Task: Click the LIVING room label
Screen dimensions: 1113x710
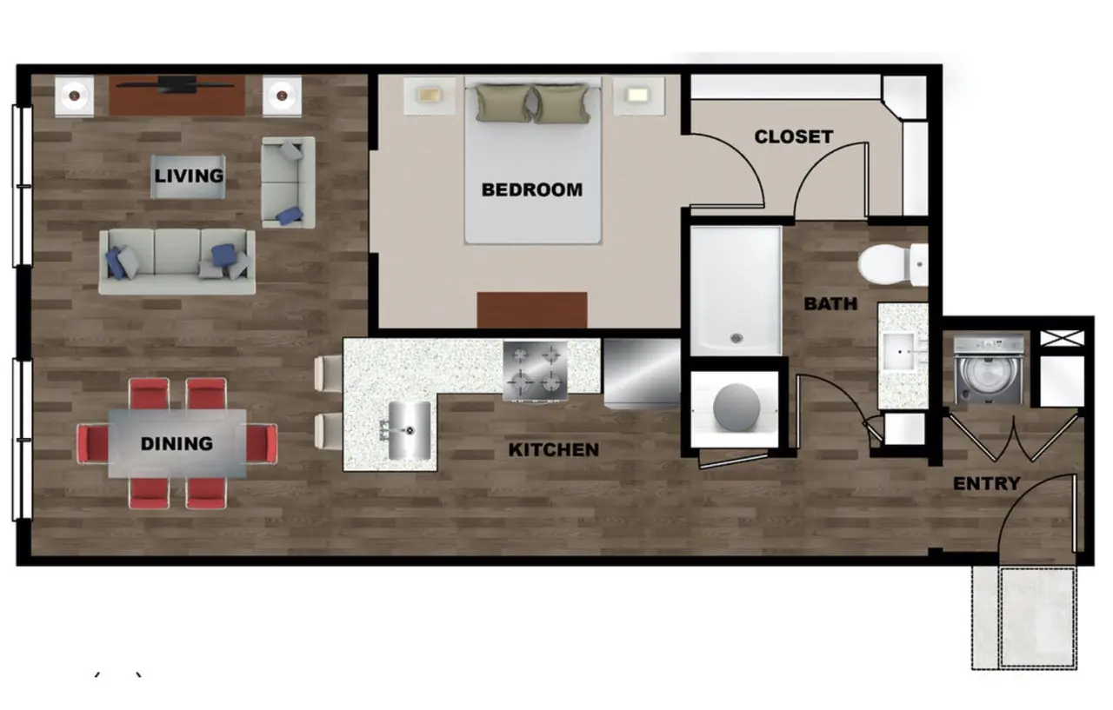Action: tap(189, 176)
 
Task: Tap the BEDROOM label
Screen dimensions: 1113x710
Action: tap(531, 189)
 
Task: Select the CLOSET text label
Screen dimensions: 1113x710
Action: tap(794, 136)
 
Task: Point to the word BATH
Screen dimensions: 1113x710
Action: tap(830, 303)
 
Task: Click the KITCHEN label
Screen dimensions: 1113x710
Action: tap(554, 450)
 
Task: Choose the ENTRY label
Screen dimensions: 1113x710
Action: tap(987, 483)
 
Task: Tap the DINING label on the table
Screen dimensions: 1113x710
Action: tap(177, 443)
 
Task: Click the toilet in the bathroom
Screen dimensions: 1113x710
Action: tap(892, 265)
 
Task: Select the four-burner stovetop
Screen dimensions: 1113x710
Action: tap(535, 370)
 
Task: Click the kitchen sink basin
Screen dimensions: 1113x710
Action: tap(410, 430)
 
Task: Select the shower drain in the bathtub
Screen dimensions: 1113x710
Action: tap(736, 339)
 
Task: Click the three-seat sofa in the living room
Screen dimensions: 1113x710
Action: tap(177, 262)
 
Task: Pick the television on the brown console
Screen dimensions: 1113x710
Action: tap(176, 85)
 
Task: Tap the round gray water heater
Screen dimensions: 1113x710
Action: tap(736, 407)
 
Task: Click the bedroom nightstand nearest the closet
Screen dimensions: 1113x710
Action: tap(638, 96)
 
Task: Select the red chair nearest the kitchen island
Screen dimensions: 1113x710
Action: tap(263, 443)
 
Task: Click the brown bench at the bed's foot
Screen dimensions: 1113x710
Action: tap(532, 310)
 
